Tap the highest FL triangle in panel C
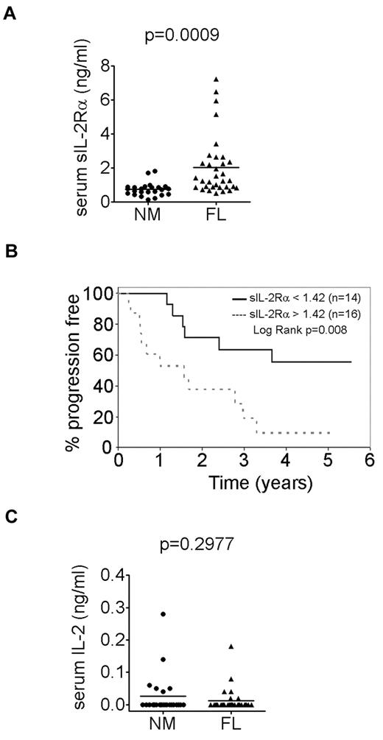click(210, 646)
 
